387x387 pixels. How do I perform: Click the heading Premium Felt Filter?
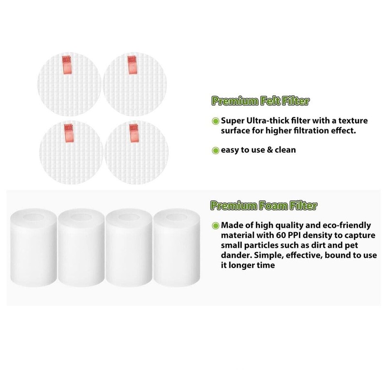pos(260,101)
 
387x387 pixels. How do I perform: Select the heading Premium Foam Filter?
pos(264,207)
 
